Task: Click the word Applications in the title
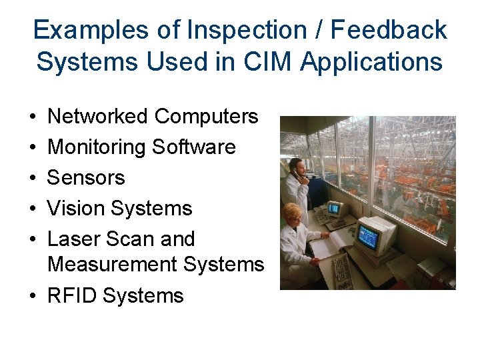point(371,61)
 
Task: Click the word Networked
point(98,117)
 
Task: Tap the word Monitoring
point(97,147)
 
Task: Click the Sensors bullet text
point(86,178)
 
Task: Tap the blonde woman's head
point(291,213)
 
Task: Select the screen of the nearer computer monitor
point(367,236)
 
